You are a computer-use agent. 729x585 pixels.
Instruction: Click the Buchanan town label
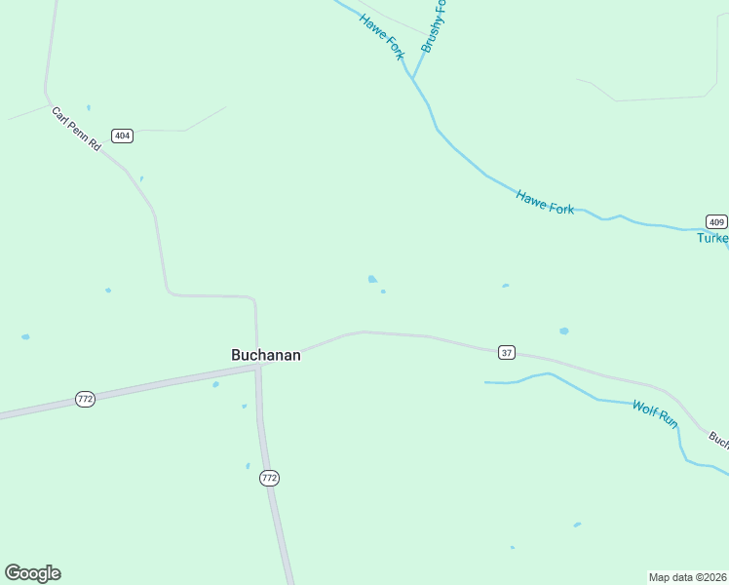coord(265,355)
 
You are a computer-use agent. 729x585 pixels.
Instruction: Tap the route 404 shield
coord(122,136)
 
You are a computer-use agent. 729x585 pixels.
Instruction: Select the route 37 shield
coord(506,352)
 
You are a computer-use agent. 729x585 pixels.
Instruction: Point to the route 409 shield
coord(716,220)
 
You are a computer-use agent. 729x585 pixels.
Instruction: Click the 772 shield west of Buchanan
coord(86,399)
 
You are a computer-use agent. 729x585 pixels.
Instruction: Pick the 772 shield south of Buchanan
coord(270,478)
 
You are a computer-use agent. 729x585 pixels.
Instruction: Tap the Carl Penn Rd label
coord(76,129)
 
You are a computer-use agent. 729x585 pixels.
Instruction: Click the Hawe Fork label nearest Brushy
coord(381,36)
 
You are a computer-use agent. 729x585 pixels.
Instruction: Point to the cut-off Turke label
coord(712,238)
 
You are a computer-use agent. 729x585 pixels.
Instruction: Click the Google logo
coord(32,573)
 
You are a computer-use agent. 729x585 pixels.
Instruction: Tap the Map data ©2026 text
coord(688,577)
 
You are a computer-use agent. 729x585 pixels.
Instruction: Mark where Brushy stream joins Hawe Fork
coord(413,78)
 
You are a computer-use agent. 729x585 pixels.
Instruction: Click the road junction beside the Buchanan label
coord(257,369)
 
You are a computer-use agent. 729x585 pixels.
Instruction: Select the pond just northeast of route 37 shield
coord(563,331)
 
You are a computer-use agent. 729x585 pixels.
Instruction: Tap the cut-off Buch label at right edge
coord(718,440)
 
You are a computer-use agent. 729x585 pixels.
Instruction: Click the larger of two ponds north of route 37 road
coord(372,279)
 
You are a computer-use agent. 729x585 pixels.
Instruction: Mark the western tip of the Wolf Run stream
coord(485,382)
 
